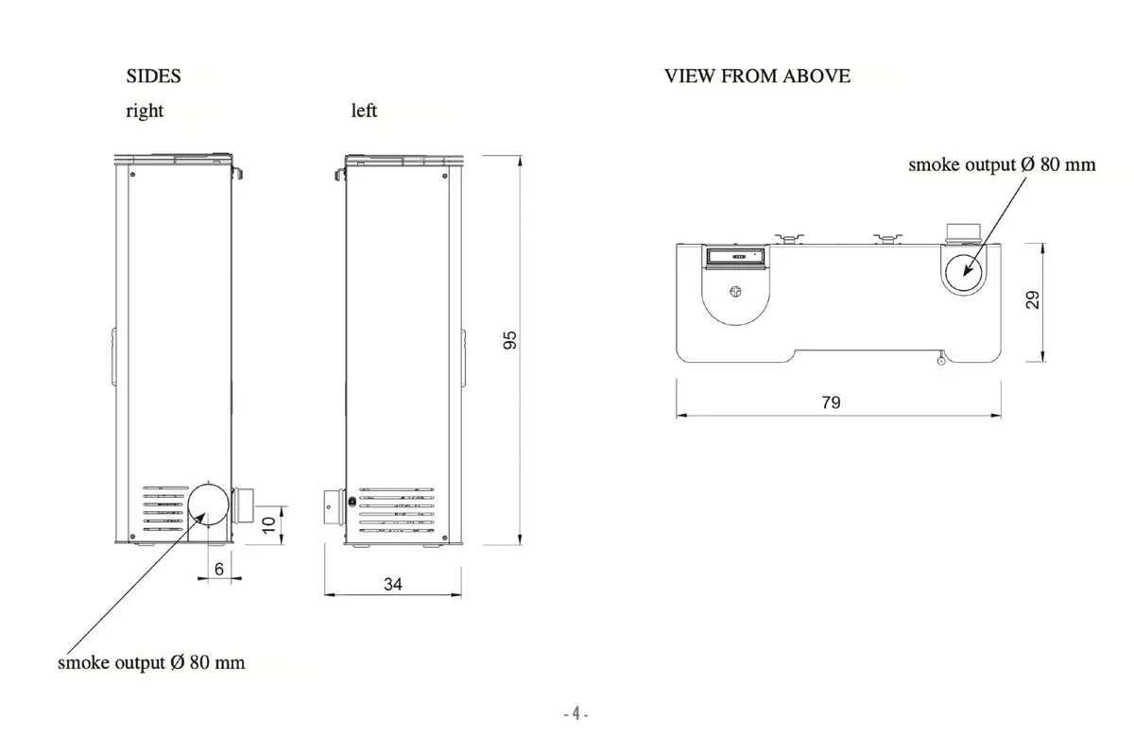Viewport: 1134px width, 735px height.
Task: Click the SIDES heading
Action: point(153,76)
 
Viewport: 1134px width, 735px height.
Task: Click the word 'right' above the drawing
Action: point(145,111)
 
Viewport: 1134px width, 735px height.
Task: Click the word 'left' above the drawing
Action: point(364,111)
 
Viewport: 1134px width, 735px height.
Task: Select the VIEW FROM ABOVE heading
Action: point(757,76)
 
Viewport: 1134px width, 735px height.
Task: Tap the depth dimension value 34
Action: point(393,585)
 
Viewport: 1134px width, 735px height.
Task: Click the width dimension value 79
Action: point(831,402)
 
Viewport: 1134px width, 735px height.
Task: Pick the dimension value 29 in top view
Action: point(1033,300)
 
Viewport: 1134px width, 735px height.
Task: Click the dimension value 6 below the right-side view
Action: point(219,569)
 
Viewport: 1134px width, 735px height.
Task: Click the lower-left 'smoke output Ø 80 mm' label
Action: point(151,662)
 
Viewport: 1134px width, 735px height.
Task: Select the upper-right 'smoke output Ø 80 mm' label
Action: point(1002,164)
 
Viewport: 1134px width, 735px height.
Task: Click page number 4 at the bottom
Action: point(576,715)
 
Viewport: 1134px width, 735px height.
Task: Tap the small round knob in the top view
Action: point(736,292)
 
